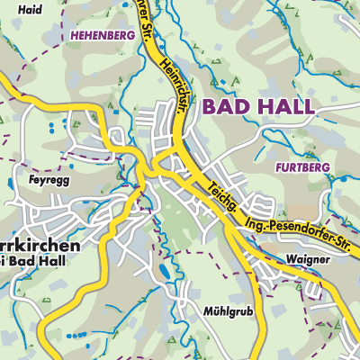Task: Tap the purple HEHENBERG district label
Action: point(101,35)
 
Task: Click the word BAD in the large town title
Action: point(226,107)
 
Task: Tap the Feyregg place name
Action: point(36,180)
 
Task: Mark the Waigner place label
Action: point(310,259)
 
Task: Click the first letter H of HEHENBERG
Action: point(71,35)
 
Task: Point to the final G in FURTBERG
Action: point(327,167)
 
